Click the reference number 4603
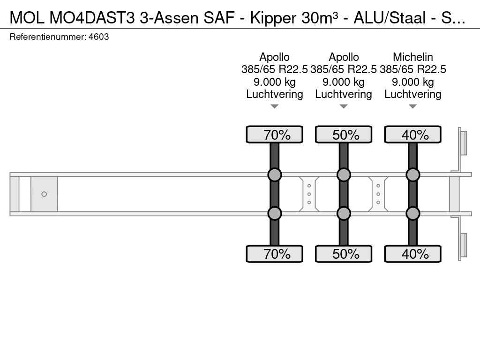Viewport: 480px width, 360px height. click(x=99, y=37)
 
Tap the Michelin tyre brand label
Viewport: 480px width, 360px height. click(x=412, y=57)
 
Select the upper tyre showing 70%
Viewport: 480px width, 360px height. click(x=274, y=135)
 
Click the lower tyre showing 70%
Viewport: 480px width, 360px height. click(x=274, y=254)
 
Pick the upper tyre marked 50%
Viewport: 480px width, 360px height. click(x=344, y=135)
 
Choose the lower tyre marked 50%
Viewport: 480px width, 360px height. click(x=344, y=254)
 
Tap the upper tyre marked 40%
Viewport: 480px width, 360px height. click(x=412, y=135)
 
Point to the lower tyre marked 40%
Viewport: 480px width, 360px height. click(x=412, y=254)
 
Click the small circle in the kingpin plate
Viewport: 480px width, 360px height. click(x=44, y=194)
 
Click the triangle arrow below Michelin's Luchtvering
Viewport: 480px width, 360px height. click(x=412, y=106)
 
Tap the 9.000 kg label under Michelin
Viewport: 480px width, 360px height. click(x=412, y=82)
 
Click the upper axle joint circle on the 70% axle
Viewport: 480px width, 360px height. click(x=274, y=175)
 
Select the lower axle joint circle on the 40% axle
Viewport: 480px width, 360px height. click(x=412, y=213)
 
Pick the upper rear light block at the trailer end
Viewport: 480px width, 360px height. click(x=463, y=142)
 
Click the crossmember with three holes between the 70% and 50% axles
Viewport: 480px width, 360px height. click(x=309, y=194)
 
